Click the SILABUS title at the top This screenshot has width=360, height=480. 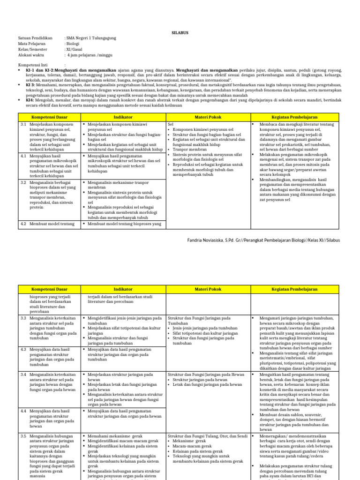180,27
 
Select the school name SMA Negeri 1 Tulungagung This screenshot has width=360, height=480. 92,38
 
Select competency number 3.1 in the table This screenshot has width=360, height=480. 23,124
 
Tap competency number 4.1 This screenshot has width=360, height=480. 23,154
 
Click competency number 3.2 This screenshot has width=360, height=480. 23,181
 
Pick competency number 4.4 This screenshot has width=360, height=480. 23,410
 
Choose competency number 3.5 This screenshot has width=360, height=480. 23,436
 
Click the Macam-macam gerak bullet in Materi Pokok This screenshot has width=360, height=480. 190,446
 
